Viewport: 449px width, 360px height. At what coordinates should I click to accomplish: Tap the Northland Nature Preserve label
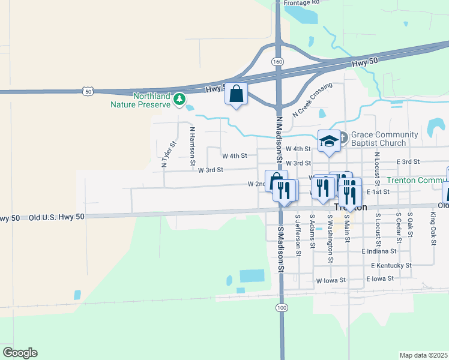point(142,100)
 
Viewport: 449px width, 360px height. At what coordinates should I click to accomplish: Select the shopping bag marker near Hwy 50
point(237,94)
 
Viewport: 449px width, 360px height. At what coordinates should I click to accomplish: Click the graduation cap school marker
point(329,141)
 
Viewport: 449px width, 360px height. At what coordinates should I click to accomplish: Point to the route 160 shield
point(277,62)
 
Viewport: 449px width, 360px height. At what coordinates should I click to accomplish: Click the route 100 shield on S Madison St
point(282,308)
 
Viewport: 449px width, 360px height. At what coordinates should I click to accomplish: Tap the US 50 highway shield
point(88,92)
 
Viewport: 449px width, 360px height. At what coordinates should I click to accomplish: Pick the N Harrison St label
point(192,146)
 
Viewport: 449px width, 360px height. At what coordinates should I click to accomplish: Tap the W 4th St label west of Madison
point(235,156)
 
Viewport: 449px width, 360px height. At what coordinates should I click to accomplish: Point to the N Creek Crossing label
point(312,100)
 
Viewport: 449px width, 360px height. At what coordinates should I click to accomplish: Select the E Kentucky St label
point(391,265)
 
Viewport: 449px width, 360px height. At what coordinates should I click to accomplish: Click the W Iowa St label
point(331,280)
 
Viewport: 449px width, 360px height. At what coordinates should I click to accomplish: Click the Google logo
point(20,353)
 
